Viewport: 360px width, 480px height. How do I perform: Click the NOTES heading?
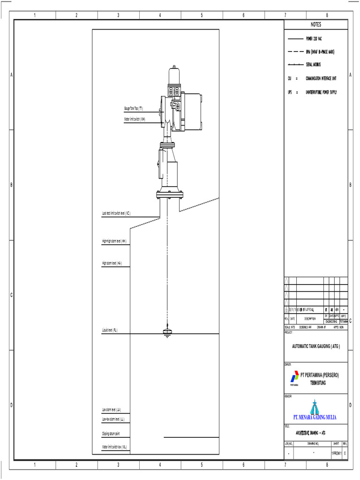pyautogui.click(x=315, y=24)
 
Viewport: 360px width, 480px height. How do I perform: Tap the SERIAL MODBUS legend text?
pyautogui.click(x=313, y=65)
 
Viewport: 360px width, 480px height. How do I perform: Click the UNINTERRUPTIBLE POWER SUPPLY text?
pyautogui.click(x=321, y=92)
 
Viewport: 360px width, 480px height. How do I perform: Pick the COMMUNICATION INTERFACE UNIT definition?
pyautogui.click(x=321, y=79)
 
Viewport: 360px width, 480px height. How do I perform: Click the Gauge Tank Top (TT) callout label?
pyautogui.click(x=134, y=109)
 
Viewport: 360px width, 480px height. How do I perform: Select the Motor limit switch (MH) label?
pyautogui.click(x=135, y=119)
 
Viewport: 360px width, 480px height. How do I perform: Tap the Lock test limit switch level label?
pyautogui.click(x=116, y=213)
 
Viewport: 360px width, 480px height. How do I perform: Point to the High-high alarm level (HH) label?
pyautogui.click(x=114, y=241)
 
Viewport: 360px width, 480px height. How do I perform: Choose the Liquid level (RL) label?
pyautogui.click(x=110, y=330)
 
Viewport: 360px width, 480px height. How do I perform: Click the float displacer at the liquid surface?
pyautogui.click(x=167, y=332)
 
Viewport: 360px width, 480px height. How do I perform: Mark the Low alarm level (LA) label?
pyautogui.click(x=112, y=410)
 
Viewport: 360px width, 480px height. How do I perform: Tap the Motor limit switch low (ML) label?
pyautogui.click(x=114, y=447)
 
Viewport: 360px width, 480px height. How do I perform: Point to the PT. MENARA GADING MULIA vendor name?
pyautogui.click(x=315, y=417)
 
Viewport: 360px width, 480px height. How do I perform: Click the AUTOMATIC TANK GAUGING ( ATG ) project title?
pyautogui.click(x=315, y=346)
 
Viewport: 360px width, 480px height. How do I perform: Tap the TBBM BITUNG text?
pyautogui.click(x=318, y=382)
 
